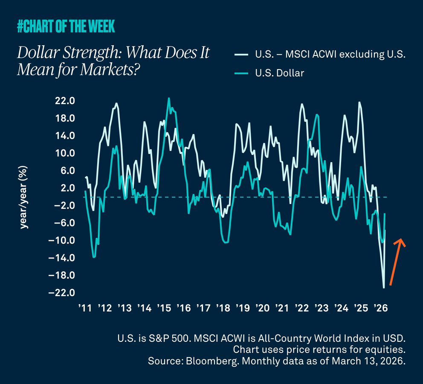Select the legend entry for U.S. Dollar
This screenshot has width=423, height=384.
280,73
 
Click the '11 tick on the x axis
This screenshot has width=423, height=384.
84,308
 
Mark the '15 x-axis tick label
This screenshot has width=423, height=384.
164,308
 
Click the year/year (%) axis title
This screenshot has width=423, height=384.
24,197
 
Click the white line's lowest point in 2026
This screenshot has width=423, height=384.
384,288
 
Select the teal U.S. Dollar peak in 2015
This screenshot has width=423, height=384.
169,99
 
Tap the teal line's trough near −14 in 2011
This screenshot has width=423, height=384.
94,257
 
